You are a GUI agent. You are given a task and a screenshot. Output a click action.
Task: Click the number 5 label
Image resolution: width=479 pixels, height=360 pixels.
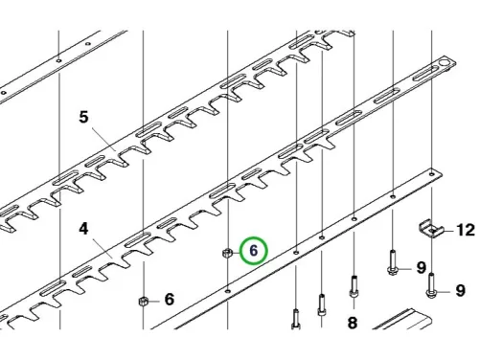click(83, 117)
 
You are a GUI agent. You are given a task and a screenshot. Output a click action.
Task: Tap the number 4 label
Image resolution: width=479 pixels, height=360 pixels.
click(83, 229)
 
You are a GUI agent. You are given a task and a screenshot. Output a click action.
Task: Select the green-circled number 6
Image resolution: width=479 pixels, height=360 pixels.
click(254, 251)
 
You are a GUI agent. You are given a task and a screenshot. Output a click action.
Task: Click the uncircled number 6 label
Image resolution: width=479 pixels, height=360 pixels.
click(170, 300)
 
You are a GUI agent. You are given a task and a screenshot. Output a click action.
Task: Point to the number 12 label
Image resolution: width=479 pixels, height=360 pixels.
click(466, 230)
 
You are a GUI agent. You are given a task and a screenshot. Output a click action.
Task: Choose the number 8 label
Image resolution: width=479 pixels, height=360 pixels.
click(352, 323)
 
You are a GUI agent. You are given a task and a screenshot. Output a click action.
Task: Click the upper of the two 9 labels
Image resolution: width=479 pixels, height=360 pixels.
click(422, 268)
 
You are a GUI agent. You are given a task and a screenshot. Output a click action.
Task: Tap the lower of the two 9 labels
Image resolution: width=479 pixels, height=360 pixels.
click(460, 291)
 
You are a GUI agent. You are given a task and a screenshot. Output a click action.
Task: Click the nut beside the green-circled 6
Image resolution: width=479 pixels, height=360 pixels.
click(227, 254)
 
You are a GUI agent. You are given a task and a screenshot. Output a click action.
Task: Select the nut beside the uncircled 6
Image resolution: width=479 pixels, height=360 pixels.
click(144, 301)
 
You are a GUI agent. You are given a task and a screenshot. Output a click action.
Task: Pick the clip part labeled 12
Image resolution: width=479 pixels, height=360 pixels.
click(431, 229)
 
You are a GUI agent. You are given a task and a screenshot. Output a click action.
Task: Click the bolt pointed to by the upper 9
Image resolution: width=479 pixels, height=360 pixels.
click(393, 262)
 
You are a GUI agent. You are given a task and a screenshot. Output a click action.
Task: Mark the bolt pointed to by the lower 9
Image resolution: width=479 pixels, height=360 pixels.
click(431, 285)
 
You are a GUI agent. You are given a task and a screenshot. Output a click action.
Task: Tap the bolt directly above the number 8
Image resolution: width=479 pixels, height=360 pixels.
click(354, 287)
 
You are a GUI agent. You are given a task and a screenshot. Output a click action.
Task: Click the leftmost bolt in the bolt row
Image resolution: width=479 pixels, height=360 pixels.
click(296, 319)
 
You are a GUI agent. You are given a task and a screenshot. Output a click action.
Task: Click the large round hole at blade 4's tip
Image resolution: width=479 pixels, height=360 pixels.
click(445, 62)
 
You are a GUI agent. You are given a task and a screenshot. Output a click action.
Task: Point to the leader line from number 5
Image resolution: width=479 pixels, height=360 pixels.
click(103, 138)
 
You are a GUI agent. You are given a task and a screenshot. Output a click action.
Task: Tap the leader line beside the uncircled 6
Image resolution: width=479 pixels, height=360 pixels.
click(153, 301)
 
